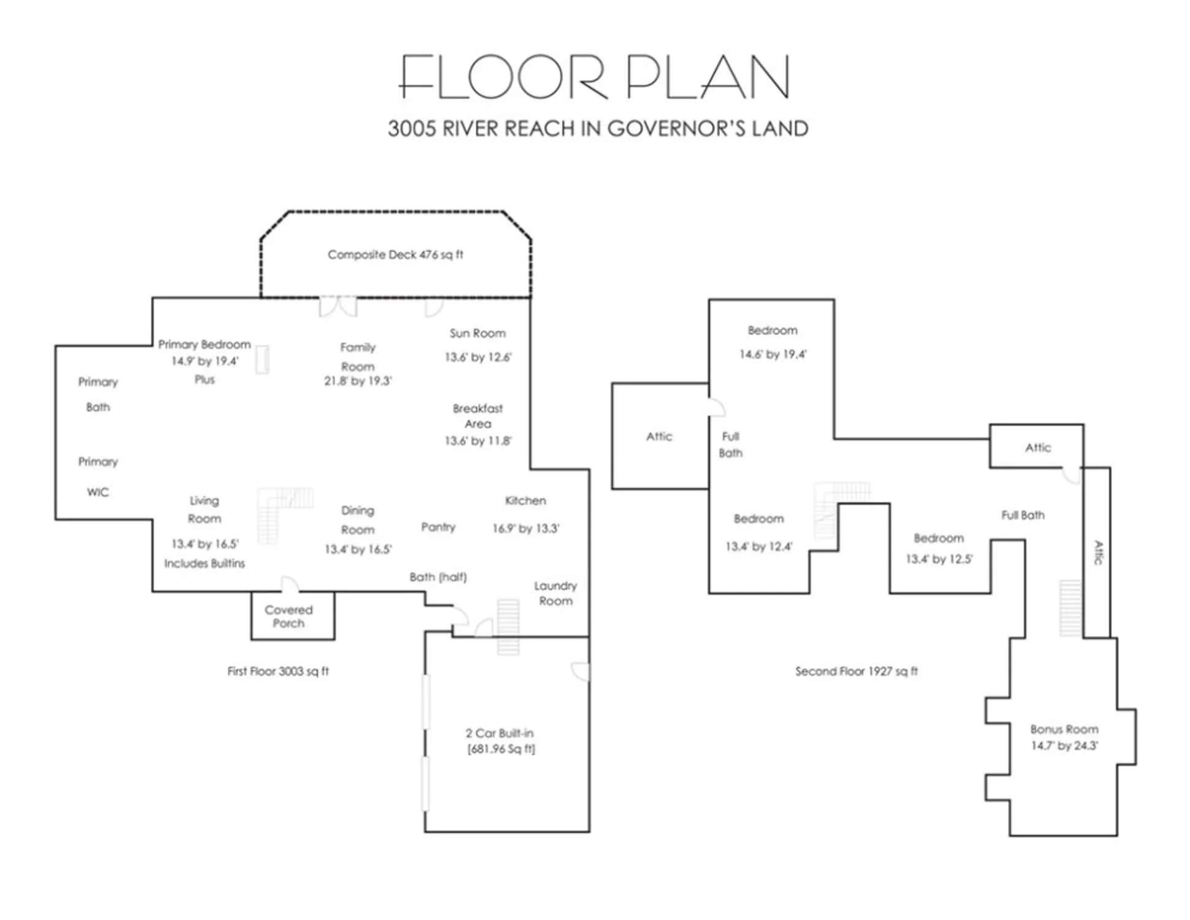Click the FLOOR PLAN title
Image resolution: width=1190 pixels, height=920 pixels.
tap(594, 77)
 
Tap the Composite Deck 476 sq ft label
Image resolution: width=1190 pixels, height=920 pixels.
tap(395, 255)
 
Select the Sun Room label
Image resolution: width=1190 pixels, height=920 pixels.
tap(477, 333)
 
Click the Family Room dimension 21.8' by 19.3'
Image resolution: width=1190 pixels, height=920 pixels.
tap(358, 381)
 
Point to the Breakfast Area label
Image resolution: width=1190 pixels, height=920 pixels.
tap(477, 416)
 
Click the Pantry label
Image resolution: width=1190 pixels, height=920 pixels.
tap(438, 527)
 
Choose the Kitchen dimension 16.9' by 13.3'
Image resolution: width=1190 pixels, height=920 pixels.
tap(526, 528)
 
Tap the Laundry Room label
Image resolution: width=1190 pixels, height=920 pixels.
tap(555, 593)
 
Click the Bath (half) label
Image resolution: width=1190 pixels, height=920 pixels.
tap(438, 577)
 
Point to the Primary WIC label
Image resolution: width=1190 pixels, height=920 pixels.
tap(98, 477)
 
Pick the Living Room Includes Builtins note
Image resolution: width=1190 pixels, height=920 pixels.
tap(204, 563)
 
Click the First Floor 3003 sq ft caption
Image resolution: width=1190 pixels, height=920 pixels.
tap(278, 671)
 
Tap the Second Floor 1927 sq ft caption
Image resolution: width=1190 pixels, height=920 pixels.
tap(856, 671)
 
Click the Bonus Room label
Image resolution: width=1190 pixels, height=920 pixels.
tap(1064, 729)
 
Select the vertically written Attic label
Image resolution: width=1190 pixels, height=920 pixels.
tap(1099, 552)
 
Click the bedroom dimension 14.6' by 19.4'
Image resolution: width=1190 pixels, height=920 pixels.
tap(773, 354)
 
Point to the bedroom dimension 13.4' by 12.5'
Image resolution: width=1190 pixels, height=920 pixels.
tap(939, 559)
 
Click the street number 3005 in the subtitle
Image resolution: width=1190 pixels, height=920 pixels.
tap(412, 129)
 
